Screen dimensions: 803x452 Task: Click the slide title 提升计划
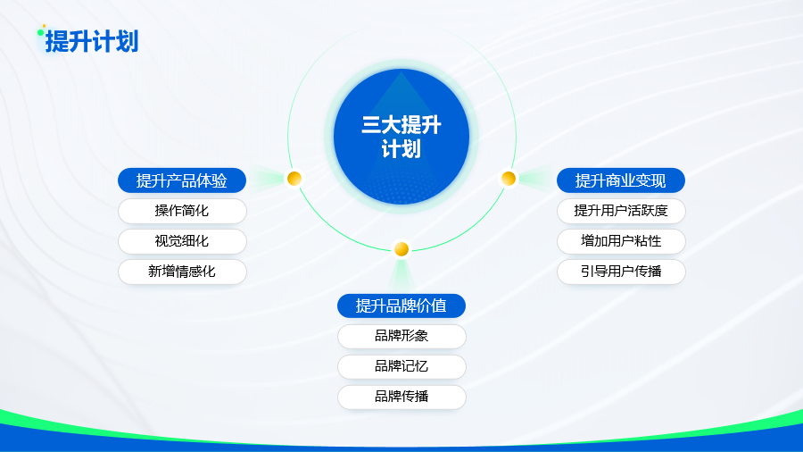(x=92, y=41)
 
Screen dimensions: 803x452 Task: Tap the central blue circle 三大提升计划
(x=401, y=137)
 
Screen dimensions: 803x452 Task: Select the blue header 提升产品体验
(x=182, y=180)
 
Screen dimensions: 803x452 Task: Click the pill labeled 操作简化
(x=182, y=211)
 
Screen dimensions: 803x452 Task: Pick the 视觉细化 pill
(x=182, y=241)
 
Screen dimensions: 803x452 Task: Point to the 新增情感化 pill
(x=182, y=272)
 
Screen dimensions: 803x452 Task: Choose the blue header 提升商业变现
(x=621, y=180)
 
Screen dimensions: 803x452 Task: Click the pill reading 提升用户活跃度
(x=621, y=211)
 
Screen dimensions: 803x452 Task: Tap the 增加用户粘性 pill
(x=621, y=241)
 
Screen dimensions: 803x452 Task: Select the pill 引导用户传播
(x=621, y=272)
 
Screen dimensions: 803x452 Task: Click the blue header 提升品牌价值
(x=401, y=306)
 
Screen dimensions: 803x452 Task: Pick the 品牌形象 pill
(x=402, y=336)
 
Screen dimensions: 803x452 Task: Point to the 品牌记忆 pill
(x=402, y=366)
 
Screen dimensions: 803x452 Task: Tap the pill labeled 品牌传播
(x=402, y=397)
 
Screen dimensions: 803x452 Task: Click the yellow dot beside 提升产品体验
(x=294, y=179)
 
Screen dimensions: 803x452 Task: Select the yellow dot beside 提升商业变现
(x=509, y=179)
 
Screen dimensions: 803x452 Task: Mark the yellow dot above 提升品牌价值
(x=401, y=249)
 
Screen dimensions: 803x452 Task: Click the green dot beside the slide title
(x=40, y=33)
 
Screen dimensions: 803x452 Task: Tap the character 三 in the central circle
(x=371, y=125)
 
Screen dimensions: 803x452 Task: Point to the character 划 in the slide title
(x=128, y=41)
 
